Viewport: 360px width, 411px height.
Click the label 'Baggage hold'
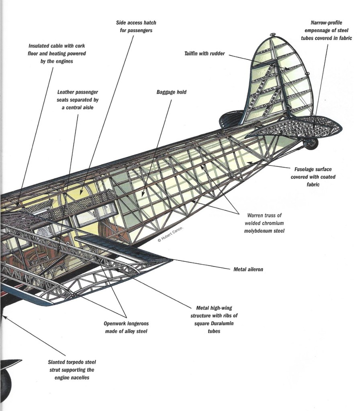coord(171,92)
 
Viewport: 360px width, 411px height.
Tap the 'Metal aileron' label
coord(248,269)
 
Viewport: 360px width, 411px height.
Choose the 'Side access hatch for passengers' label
coord(136,26)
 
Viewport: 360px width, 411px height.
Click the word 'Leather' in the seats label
coord(66,92)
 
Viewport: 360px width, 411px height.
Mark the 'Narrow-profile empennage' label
coord(326,30)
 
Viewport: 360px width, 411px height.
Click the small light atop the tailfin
coord(272,35)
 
